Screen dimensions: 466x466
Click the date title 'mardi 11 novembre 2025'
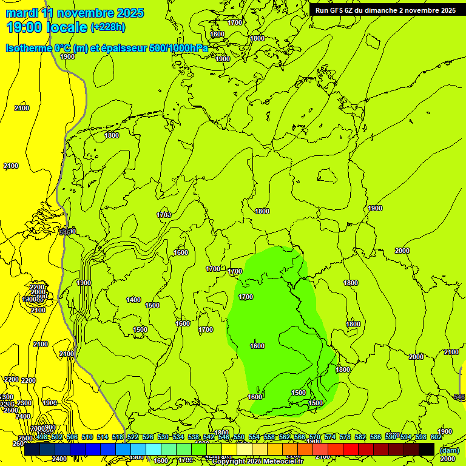point(75,13)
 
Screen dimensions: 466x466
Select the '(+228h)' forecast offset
point(108,27)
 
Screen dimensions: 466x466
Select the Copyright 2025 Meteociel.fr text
point(257,462)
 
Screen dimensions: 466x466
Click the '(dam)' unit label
point(449,450)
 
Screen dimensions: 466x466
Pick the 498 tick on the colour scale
point(42,437)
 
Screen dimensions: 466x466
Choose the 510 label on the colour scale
point(87,437)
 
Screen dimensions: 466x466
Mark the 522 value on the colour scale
point(133,437)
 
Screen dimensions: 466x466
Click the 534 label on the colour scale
point(178,437)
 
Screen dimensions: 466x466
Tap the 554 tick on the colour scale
point(254,437)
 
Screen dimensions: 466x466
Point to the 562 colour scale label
point(285,437)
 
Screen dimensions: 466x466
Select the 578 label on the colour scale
point(345,437)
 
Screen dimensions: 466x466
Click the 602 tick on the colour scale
point(436,437)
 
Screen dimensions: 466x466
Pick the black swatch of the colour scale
point(427,449)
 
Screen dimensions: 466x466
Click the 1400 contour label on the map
point(133,300)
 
